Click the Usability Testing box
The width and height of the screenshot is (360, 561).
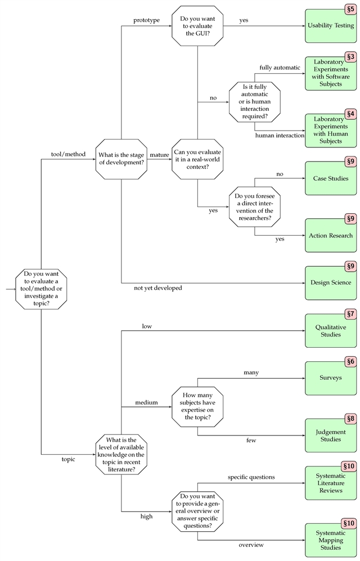click(x=330, y=25)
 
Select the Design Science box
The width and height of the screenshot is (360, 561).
click(x=330, y=282)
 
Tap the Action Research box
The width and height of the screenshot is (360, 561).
click(x=330, y=235)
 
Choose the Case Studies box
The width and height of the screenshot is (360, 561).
click(x=330, y=178)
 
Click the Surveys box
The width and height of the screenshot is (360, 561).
click(x=330, y=378)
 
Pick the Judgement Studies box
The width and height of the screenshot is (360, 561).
click(x=330, y=436)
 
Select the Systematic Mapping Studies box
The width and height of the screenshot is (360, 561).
click(x=330, y=540)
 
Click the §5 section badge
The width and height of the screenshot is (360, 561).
click(x=350, y=10)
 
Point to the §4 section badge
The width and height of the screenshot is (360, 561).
click(x=350, y=114)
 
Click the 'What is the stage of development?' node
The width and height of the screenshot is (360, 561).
click(x=121, y=159)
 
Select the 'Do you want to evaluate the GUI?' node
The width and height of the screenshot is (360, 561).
click(x=197, y=23)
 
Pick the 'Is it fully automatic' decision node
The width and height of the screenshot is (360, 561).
click(x=254, y=102)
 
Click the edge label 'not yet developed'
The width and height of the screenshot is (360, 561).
click(x=157, y=288)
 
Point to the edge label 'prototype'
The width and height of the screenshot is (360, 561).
click(x=146, y=20)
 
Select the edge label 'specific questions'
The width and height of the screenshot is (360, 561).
click(x=251, y=477)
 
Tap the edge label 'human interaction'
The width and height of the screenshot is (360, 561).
click(x=280, y=136)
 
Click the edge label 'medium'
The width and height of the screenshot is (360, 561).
click(x=146, y=402)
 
